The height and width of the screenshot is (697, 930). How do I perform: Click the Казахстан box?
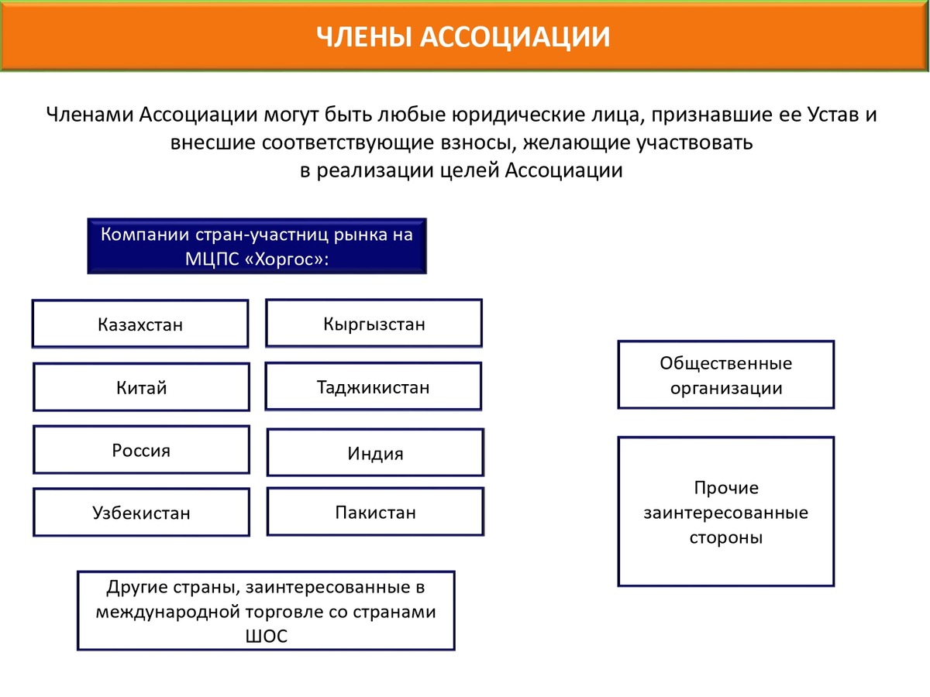click(140, 324)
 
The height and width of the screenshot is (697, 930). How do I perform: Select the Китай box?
click(141, 387)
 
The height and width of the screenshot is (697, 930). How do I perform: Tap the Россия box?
click(141, 450)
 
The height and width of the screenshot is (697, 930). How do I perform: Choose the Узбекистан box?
click(141, 512)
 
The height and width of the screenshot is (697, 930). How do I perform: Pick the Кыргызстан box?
click(374, 324)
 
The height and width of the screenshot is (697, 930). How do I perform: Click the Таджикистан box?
click(373, 386)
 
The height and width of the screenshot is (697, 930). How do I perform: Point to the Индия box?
click(375, 453)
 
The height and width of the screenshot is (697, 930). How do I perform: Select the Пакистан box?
click(375, 512)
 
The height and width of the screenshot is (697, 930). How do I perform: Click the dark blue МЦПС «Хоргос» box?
click(257, 245)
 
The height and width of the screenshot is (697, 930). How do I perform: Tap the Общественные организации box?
click(726, 375)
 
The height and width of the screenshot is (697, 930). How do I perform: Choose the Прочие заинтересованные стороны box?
click(726, 512)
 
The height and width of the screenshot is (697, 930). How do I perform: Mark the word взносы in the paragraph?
click(470, 142)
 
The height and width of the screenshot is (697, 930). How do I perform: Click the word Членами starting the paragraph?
click(89, 115)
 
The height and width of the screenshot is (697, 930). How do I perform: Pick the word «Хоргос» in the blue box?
click(284, 259)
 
